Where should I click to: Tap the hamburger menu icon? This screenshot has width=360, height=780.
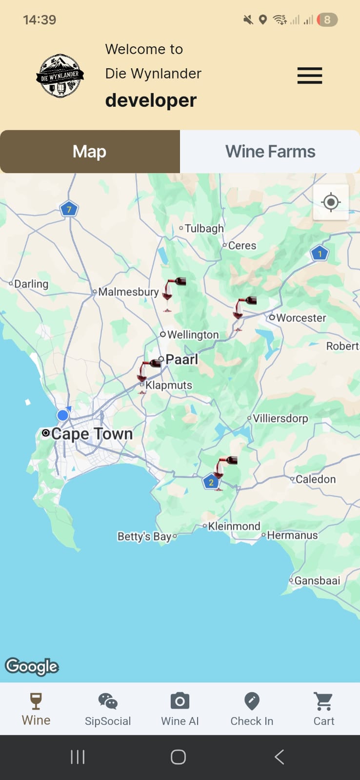tap(310, 76)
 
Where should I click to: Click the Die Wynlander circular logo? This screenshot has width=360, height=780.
tap(60, 76)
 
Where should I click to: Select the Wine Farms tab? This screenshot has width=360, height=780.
tap(270, 152)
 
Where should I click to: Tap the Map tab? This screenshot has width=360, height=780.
tap(90, 152)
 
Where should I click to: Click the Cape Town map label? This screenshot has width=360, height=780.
tap(92, 433)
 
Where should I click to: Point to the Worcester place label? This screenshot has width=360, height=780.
tap(301, 318)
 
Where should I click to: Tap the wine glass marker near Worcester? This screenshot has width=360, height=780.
tap(242, 311)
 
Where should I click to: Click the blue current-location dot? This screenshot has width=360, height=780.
tap(62, 415)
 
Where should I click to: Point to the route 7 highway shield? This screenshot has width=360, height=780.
tap(69, 210)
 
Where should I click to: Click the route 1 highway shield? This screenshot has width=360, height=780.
tap(320, 253)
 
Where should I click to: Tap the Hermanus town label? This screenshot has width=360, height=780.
tap(292, 535)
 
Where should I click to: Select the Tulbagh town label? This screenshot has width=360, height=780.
tap(204, 228)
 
